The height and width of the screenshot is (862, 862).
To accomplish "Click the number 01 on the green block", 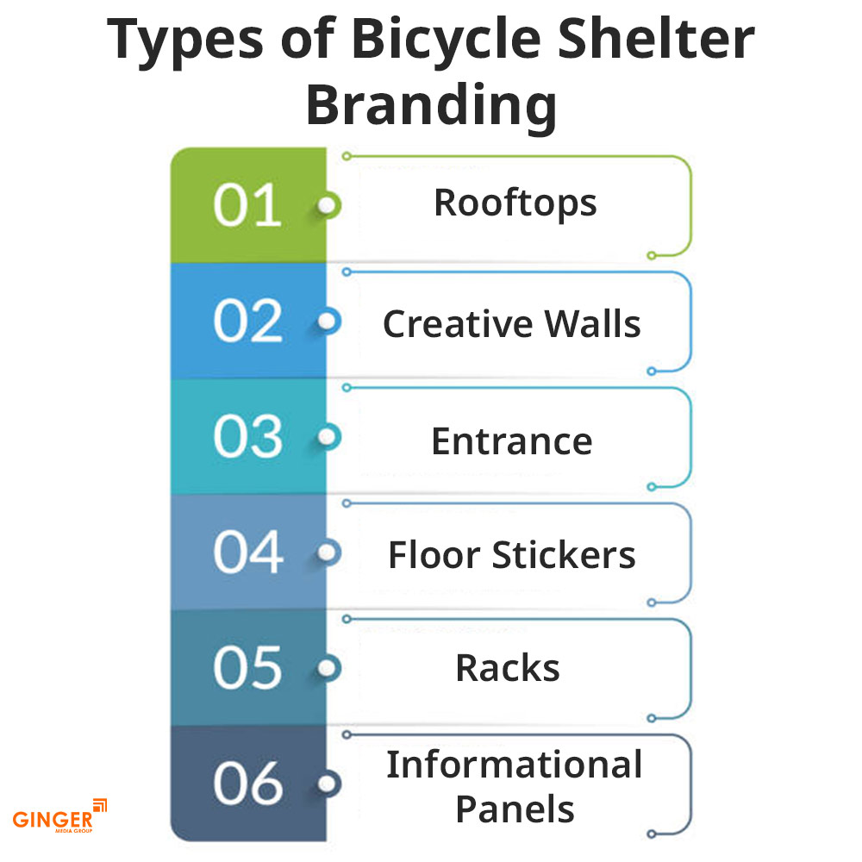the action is click(247, 205).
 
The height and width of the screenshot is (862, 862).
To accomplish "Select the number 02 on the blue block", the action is click(247, 321).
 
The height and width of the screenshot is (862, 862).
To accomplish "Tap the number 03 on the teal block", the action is click(247, 436).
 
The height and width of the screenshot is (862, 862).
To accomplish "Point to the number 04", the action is click(248, 552).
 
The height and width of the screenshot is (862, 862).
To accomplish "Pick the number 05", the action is click(247, 668).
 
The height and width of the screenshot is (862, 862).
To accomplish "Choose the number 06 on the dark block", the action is click(248, 784).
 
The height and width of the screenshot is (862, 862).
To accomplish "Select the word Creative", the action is click(457, 324).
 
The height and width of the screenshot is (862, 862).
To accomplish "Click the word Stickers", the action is click(564, 554).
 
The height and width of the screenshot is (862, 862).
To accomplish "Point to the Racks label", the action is click(508, 668).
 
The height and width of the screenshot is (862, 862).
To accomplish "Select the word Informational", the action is click(514, 765).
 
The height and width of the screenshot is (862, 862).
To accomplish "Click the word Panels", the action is click(515, 809).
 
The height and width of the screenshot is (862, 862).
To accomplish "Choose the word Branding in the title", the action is click(432, 105).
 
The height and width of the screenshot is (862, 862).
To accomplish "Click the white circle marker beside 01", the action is click(328, 206).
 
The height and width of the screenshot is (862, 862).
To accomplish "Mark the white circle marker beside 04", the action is click(328, 553).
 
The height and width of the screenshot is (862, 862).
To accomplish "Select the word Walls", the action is click(593, 324).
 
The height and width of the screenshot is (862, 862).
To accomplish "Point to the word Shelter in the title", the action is click(655, 39).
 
